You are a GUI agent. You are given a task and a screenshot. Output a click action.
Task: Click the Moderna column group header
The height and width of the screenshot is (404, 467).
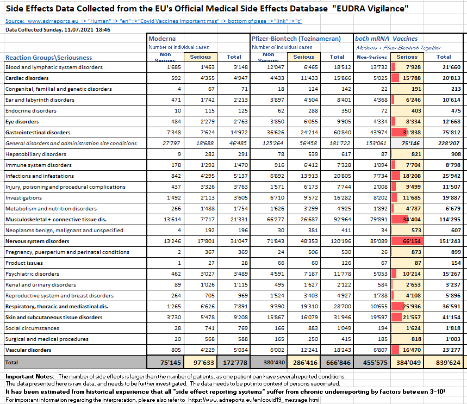point(162,39)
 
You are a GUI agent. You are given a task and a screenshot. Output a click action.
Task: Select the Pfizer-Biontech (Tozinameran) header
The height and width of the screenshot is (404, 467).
point(296,39)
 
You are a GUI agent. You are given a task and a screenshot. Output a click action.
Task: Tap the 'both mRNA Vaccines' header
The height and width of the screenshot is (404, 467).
point(379,39)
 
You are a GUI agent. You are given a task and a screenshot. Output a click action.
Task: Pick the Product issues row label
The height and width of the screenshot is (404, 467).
point(24,263)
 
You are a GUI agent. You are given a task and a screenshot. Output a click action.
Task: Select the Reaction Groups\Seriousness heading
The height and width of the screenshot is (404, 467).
point(49,58)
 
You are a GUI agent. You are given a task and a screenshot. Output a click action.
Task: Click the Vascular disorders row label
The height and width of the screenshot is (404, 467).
point(28,350)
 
